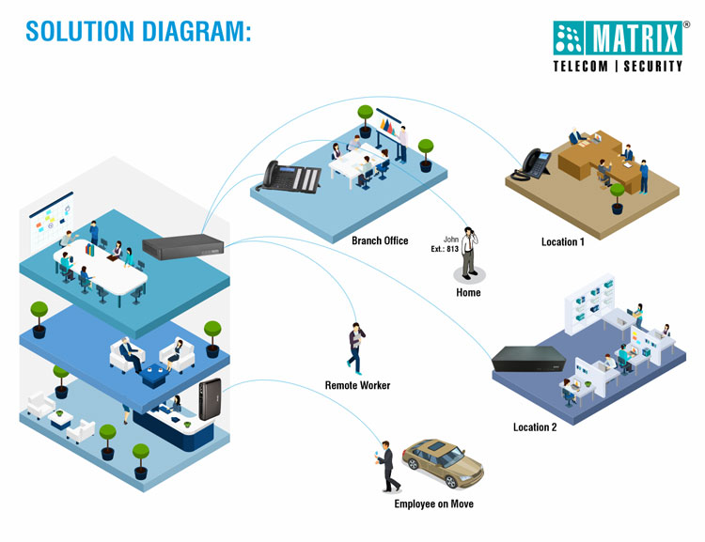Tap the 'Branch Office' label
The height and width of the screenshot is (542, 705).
coord(380,241)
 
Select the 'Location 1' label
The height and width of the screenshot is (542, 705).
coord(562,242)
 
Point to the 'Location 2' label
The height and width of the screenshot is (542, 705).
coord(535,427)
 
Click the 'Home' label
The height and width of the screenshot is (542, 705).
coord(468,293)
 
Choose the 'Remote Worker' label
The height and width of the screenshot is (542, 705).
coord(357,386)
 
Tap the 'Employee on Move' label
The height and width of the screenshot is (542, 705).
coord(433,504)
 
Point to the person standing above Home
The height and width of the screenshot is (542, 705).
coord(468,253)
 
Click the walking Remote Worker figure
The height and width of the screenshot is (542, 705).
coord(354,348)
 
